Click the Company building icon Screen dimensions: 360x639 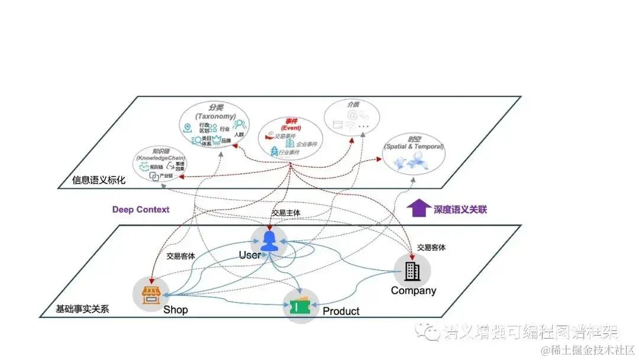pos(412,272)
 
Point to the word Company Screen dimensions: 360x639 pos(413,291)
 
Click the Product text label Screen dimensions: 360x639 pos(341,311)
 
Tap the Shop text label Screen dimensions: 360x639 pos(176,310)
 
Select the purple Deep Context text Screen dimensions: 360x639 pos(141,210)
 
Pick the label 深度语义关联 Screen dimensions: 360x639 pos(461,210)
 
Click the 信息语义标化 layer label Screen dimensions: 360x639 pos(99,180)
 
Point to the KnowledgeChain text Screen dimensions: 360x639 pos(160,159)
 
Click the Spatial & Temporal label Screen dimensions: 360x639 pos(414,146)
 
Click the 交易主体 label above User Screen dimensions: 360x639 pos(286,212)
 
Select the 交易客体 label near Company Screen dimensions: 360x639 pos(431,247)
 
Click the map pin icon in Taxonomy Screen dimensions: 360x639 pos(188,127)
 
